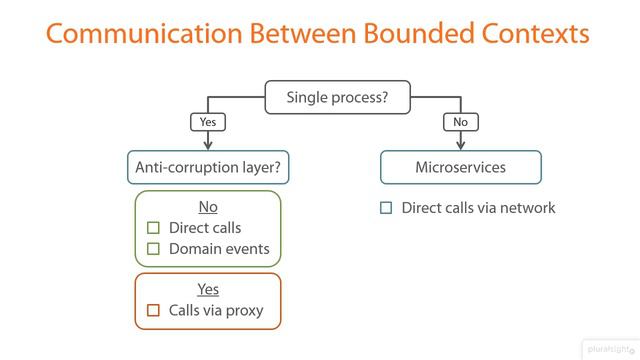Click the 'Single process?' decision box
click(336, 97)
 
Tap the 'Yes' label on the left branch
click(208, 122)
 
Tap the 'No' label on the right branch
click(460, 122)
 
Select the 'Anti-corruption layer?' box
click(208, 167)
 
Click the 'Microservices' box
click(460, 167)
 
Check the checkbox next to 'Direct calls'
click(153, 228)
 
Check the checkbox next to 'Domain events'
click(153, 249)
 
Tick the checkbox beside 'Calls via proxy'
click(153, 310)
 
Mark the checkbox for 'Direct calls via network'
click(386, 208)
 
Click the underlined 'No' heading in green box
click(208, 207)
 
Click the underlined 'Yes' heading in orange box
click(208, 289)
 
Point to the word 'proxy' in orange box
click(243, 310)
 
